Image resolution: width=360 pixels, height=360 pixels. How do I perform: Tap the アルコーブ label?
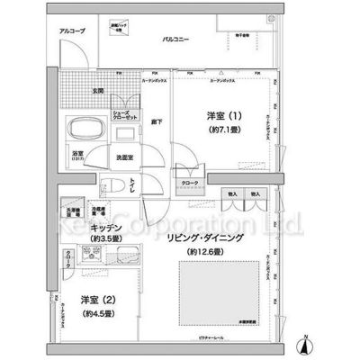click(x=72, y=31)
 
